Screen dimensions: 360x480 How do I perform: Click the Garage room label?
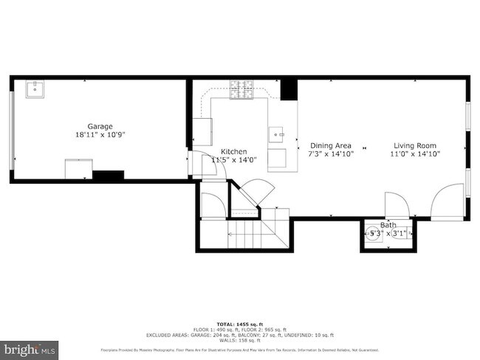pyautogui.click(x=100, y=126)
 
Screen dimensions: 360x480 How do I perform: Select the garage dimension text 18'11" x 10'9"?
pyautogui.click(x=100, y=135)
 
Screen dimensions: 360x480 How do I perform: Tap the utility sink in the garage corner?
pyautogui.click(x=35, y=90)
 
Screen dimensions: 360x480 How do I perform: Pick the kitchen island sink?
pyautogui.click(x=278, y=134)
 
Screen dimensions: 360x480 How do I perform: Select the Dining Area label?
pyautogui.click(x=330, y=145)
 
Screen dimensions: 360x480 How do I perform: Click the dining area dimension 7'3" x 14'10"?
pyautogui.click(x=330, y=154)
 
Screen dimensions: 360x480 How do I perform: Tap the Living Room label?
pyautogui.click(x=413, y=145)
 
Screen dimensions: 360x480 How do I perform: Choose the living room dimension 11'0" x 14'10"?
pyautogui.click(x=413, y=154)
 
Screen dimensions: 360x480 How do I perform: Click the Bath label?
pyautogui.click(x=388, y=225)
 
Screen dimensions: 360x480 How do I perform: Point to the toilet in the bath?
pyautogui.click(x=371, y=235)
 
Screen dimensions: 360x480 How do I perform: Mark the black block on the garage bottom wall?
pyautogui.click(x=108, y=176)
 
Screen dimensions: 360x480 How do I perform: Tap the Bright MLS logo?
pyautogui.click(x=30, y=347)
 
